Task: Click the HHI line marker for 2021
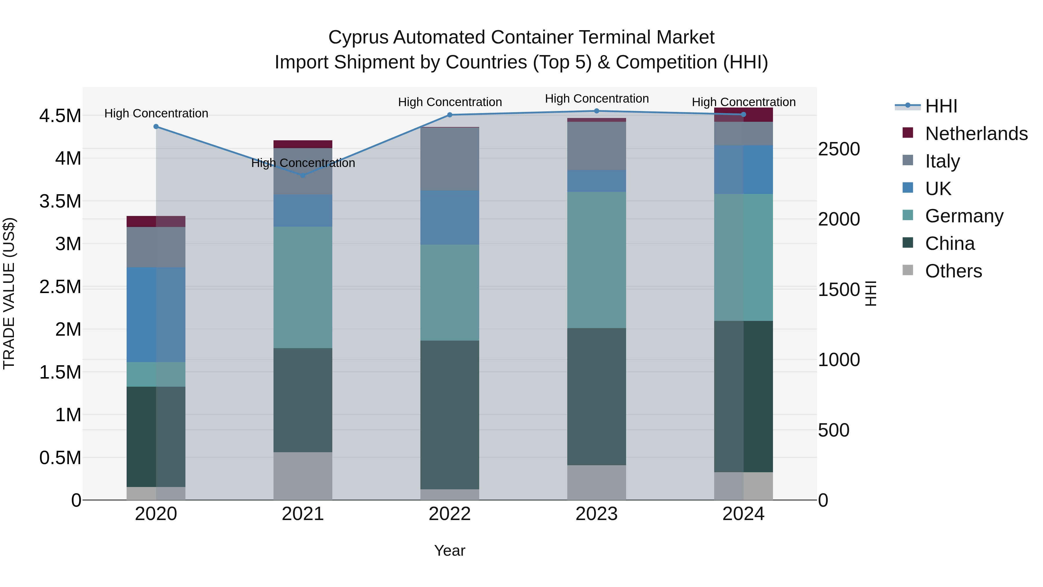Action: tap(302, 175)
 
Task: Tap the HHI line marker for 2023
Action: tap(597, 111)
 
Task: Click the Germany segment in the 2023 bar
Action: tap(597, 260)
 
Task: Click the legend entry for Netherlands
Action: tap(976, 134)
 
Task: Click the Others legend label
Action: tap(953, 271)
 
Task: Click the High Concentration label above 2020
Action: tap(156, 113)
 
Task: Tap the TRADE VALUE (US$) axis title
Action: tap(9, 293)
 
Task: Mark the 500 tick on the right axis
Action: tap(833, 430)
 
